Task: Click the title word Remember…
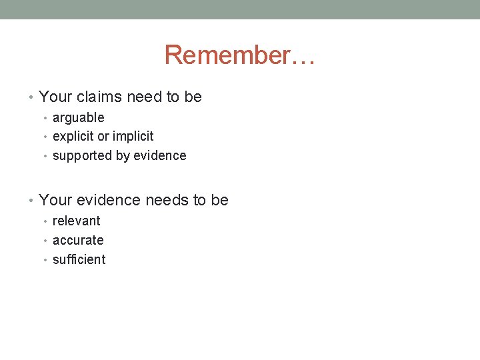[x=239, y=55]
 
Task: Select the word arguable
[x=79, y=118]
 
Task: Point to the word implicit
[x=133, y=137]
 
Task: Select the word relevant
[x=77, y=221]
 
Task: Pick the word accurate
[x=78, y=241]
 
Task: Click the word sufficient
[x=79, y=260]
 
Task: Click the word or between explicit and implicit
[x=104, y=137]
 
